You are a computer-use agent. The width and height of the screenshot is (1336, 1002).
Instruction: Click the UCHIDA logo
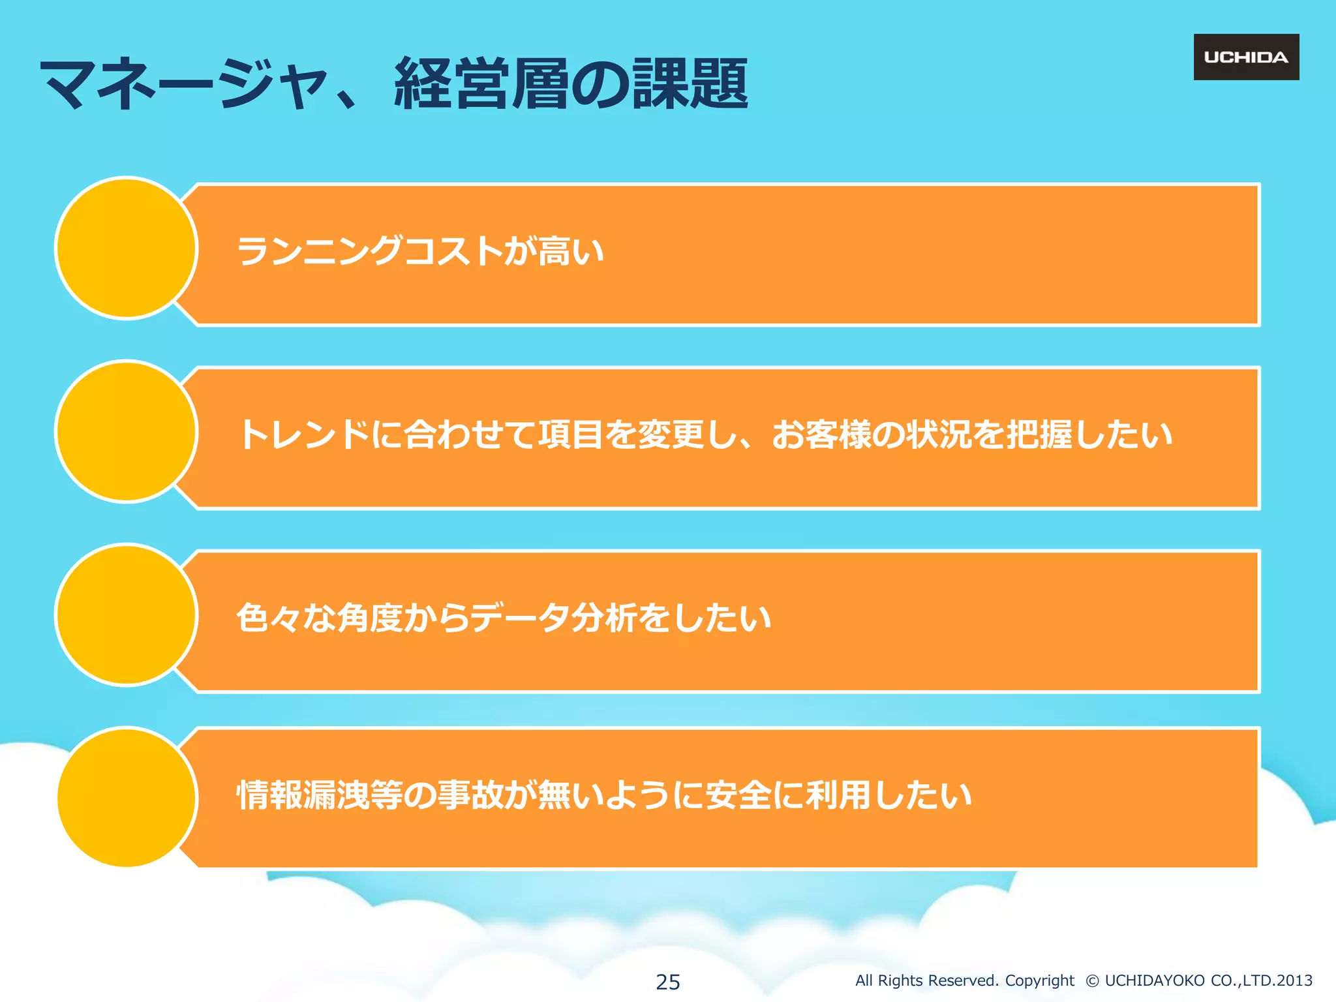tap(1246, 57)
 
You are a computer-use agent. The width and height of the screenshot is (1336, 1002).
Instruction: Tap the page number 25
tap(667, 981)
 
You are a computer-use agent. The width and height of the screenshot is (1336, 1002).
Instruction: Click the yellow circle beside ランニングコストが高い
tap(127, 248)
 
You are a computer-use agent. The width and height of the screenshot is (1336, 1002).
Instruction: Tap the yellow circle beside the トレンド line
tap(127, 431)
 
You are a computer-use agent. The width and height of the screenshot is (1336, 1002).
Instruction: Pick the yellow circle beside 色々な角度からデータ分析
tap(127, 615)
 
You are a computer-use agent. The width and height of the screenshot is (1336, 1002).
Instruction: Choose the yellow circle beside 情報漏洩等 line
tap(127, 798)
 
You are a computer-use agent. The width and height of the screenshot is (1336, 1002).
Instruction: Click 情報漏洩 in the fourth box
tap(303, 795)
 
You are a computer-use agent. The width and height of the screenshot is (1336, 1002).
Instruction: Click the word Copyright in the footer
tap(1039, 980)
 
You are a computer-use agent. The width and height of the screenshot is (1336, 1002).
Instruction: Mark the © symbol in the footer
tap(1092, 981)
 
